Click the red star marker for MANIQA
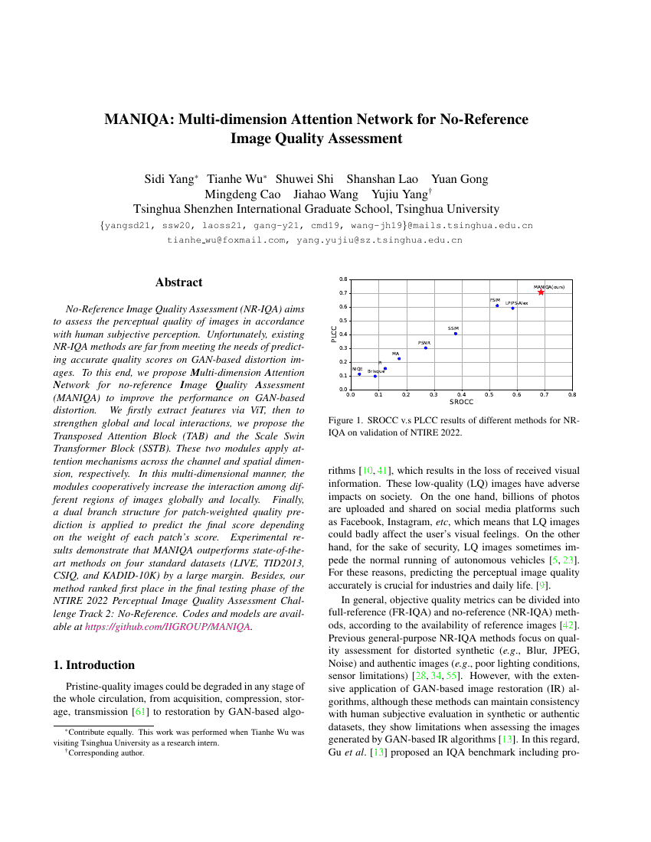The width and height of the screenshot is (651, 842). (x=541, y=292)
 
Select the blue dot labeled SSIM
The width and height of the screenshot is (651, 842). (x=456, y=333)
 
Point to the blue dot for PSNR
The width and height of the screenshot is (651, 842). (x=426, y=348)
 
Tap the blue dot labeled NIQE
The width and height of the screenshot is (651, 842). (x=359, y=374)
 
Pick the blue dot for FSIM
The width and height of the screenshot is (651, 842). (x=497, y=305)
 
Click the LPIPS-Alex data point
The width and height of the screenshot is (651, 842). (x=513, y=308)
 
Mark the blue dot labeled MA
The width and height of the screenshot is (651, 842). (x=398, y=358)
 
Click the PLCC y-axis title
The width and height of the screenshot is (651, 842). (x=334, y=335)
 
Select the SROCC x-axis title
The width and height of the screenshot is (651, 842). (x=461, y=402)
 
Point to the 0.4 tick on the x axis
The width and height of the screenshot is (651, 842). (x=461, y=395)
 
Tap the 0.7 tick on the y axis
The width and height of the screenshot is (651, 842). (x=343, y=293)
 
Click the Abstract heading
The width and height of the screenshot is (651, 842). (x=178, y=282)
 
